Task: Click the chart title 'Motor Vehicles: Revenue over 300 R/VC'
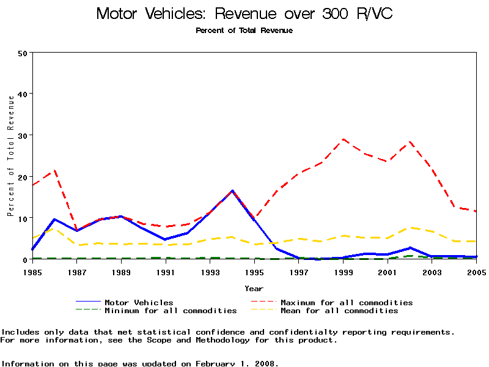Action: pos(244,13)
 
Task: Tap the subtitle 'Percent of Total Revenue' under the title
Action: pos(244,31)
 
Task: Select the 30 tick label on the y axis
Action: pos(23,135)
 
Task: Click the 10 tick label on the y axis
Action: pos(23,218)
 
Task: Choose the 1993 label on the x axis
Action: pos(210,271)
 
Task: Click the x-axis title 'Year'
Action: pos(254,288)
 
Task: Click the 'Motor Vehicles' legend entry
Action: pos(139,302)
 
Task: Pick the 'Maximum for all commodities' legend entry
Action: pos(347,302)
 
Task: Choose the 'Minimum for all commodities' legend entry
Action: pos(171,311)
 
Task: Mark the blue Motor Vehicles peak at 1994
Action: pos(232,191)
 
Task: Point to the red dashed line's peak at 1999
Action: pos(344,139)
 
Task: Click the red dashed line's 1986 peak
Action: pos(54,171)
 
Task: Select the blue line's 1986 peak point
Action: pos(54,219)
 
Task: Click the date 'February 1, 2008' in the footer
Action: pos(236,363)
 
